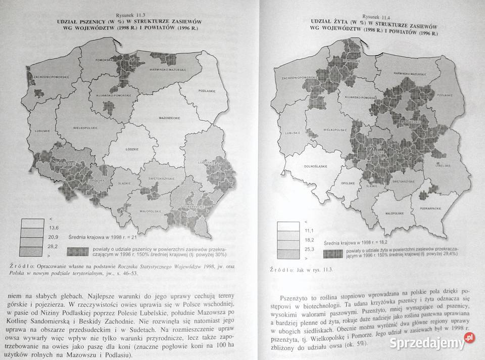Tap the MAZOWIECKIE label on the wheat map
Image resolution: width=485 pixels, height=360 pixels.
click(170, 118)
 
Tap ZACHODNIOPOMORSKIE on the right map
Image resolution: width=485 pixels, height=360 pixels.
click(299, 79)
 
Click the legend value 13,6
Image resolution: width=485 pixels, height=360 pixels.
click(53, 228)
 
